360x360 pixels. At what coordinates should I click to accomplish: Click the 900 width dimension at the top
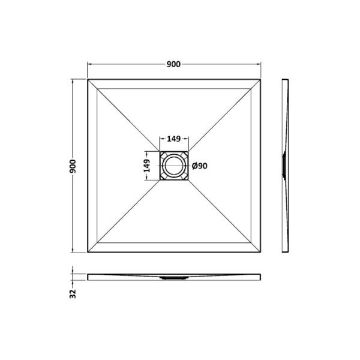(x=173, y=64)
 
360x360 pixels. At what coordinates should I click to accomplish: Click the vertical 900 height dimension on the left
(x=73, y=166)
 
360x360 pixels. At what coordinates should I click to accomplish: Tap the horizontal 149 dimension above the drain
(x=173, y=139)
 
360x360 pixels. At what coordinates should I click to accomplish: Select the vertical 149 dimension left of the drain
(x=146, y=166)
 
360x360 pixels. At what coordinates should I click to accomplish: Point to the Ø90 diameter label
(x=200, y=166)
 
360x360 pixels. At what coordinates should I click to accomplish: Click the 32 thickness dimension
(x=73, y=294)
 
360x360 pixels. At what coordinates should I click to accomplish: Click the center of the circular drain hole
(x=174, y=166)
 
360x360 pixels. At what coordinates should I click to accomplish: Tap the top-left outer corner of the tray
(x=88, y=79)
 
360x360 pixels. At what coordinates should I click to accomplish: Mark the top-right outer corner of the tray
(x=260, y=79)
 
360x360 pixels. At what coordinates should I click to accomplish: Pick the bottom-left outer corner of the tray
(x=88, y=252)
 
